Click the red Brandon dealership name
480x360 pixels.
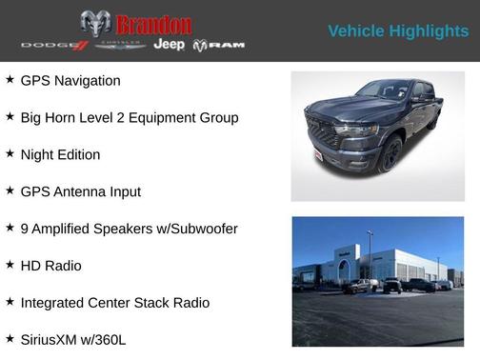click(x=152, y=25)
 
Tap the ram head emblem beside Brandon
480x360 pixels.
click(x=95, y=24)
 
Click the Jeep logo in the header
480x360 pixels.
click(x=169, y=45)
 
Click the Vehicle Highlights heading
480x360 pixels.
click(x=398, y=31)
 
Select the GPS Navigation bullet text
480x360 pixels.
click(x=70, y=81)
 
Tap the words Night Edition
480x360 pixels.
click(x=60, y=154)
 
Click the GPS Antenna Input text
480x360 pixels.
click(x=80, y=191)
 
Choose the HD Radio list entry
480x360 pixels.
click(x=50, y=266)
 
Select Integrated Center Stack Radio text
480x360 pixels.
click(x=114, y=303)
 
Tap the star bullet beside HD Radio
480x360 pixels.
click(x=10, y=265)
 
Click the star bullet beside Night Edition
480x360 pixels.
click(x=10, y=153)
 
